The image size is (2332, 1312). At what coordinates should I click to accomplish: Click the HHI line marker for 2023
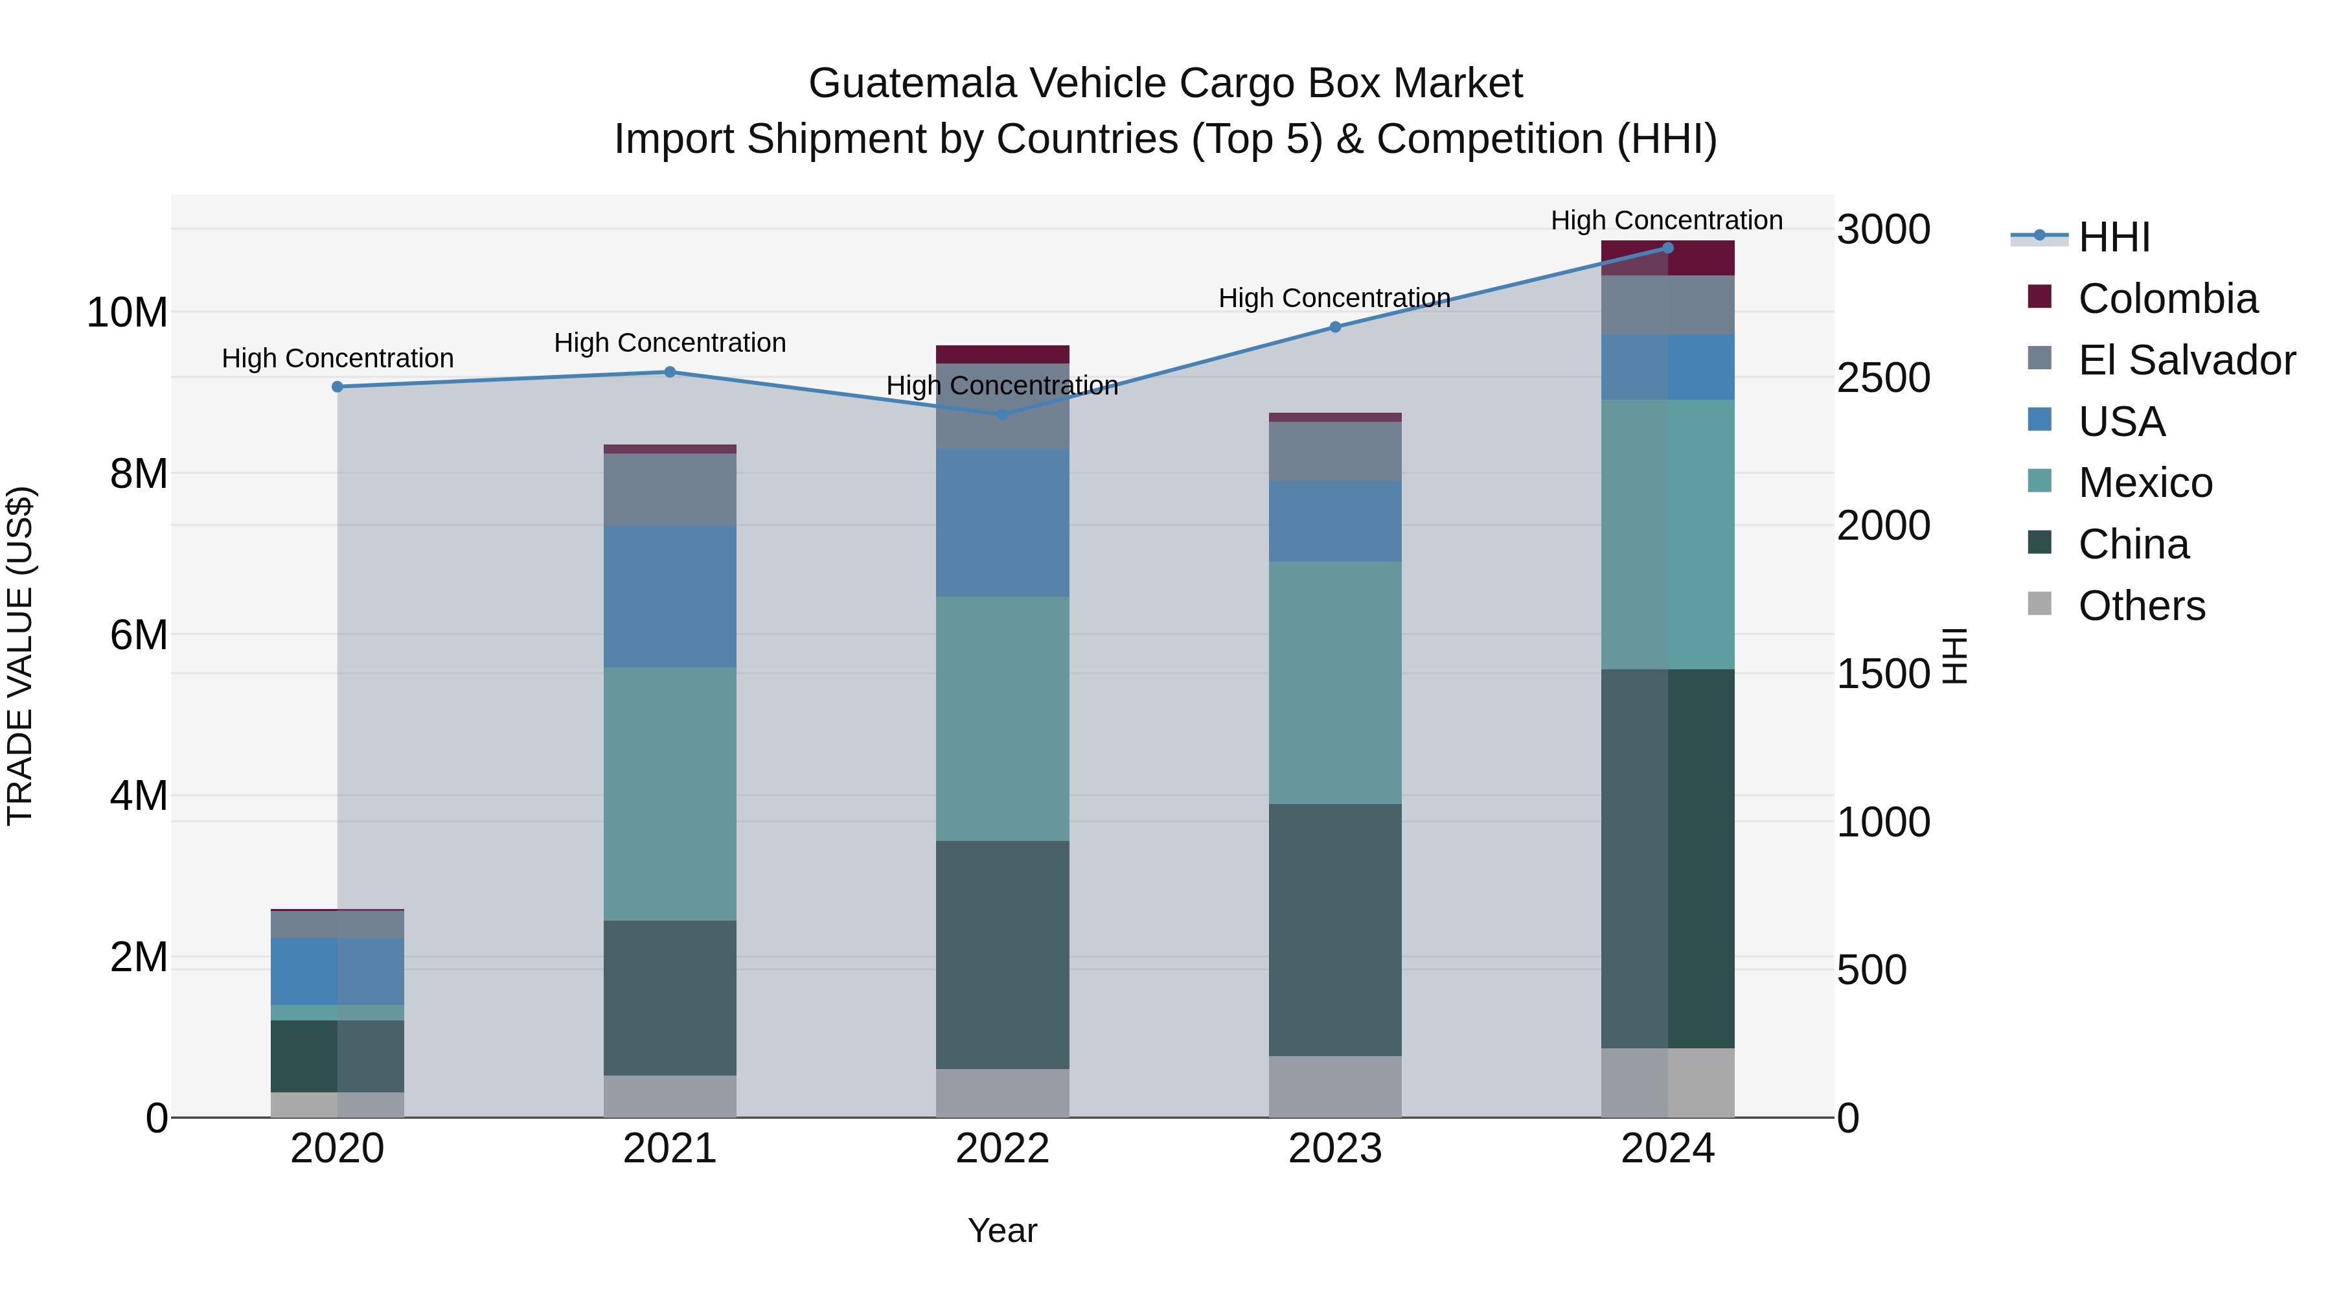point(1334,327)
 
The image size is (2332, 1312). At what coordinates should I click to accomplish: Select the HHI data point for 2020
point(337,387)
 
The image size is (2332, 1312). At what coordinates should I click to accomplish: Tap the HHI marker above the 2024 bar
point(1667,248)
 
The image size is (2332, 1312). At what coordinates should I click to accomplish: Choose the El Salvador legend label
point(2186,360)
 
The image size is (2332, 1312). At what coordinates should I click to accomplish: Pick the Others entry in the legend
point(2141,606)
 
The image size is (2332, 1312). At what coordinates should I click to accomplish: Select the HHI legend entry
point(2113,237)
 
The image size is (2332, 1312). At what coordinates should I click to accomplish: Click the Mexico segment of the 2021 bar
point(670,794)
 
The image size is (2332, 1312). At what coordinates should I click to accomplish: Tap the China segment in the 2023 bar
point(1334,930)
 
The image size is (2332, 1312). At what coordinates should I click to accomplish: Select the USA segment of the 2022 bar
point(1002,522)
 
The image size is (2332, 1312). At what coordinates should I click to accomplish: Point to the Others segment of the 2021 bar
point(670,1096)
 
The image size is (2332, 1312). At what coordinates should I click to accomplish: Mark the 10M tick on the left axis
point(127,314)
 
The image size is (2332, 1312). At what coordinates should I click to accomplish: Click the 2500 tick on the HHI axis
point(1883,378)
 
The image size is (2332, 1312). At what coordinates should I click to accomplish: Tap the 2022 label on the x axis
point(1002,1149)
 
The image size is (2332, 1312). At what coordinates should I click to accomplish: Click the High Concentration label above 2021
point(670,343)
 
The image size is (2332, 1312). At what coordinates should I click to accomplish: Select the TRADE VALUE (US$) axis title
point(20,656)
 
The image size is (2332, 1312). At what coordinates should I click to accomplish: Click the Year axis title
point(1002,1230)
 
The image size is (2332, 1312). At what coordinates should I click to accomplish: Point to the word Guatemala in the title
point(913,84)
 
